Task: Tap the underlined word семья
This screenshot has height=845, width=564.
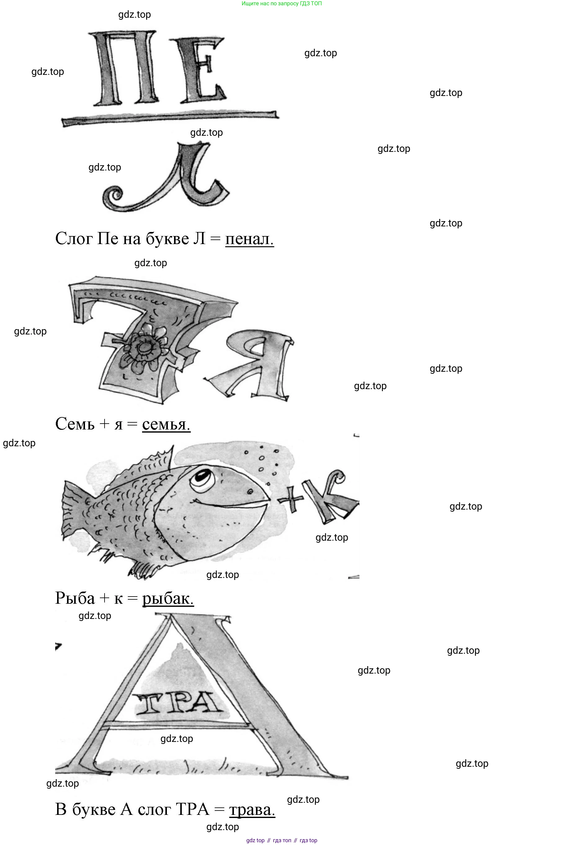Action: [166, 424]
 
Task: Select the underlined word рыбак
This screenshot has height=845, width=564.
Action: [168, 599]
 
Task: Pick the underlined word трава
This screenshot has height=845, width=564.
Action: [252, 810]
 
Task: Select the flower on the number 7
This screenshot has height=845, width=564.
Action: [143, 348]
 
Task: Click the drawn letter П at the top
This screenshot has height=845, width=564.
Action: [124, 68]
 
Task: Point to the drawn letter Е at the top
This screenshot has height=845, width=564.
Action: [201, 70]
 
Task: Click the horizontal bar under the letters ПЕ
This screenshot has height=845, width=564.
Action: [170, 118]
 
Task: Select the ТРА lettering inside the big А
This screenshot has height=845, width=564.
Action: [177, 703]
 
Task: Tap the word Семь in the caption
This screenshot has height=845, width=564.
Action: [75, 424]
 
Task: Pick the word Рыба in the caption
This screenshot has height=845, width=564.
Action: [75, 599]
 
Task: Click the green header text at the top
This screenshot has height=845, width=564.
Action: [282, 4]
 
